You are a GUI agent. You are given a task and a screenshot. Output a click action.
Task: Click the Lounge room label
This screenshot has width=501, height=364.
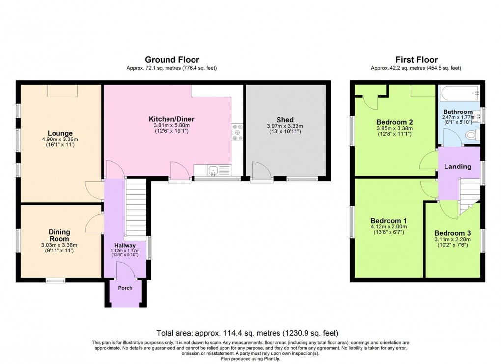pos(60,133)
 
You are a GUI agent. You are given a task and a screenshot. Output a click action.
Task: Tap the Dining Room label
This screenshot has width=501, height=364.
pos(59,235)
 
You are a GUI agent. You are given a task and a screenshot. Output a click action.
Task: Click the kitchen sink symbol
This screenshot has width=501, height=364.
pos(213,170)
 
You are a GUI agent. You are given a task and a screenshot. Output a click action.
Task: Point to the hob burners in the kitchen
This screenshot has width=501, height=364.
pos(238,132)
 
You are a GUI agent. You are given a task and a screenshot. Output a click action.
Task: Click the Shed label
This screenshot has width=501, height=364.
pos(285,120)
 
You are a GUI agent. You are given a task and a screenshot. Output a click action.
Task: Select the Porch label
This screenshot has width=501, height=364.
pos(125,288)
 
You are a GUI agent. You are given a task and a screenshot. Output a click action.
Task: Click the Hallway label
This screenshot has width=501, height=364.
pos(125,245)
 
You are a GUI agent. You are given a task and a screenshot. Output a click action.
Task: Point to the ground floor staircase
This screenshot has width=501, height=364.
pos(136,208)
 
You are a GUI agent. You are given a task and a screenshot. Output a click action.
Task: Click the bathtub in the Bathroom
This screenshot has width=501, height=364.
pos(459,92)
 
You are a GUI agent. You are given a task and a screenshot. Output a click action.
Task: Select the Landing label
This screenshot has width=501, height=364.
pos(458,167)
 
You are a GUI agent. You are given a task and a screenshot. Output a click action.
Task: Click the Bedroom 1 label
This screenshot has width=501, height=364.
pos(389,220)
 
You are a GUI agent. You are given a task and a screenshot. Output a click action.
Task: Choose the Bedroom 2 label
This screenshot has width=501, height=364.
pos(394,122)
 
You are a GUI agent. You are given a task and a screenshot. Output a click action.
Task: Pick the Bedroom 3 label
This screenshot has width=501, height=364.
pos(452,233)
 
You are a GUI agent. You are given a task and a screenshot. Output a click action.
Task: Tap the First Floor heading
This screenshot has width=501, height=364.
pos(416,60)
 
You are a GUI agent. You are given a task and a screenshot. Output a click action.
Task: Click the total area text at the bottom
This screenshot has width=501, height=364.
pos(247,333)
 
